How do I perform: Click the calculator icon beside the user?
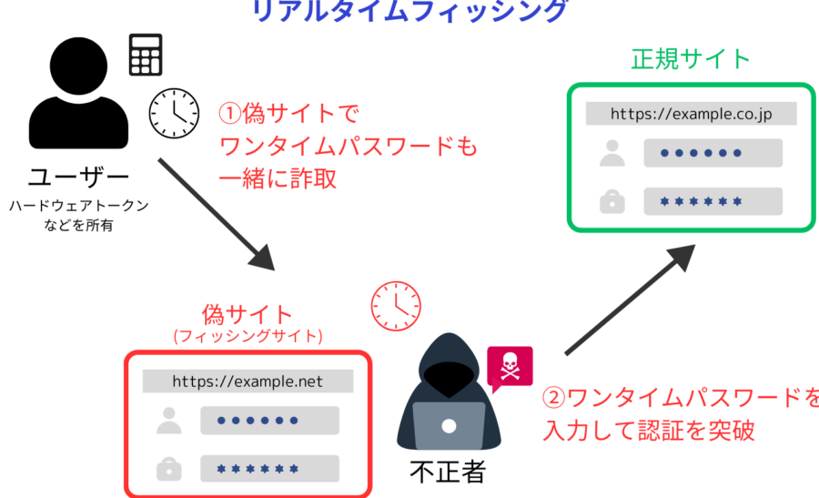[146, 56]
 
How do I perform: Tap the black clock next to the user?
[174, 113]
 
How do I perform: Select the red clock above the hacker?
[396, 306]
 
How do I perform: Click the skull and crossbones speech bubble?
[510, 368]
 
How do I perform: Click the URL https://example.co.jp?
[691, 114]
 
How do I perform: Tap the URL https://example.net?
[248, 381]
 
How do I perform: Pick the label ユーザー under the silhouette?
[79, 177]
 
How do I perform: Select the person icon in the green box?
[613, 154]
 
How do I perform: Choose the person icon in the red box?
[169, 421]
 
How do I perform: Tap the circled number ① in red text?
[227, 115]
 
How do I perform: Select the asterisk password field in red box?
[269, 468]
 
